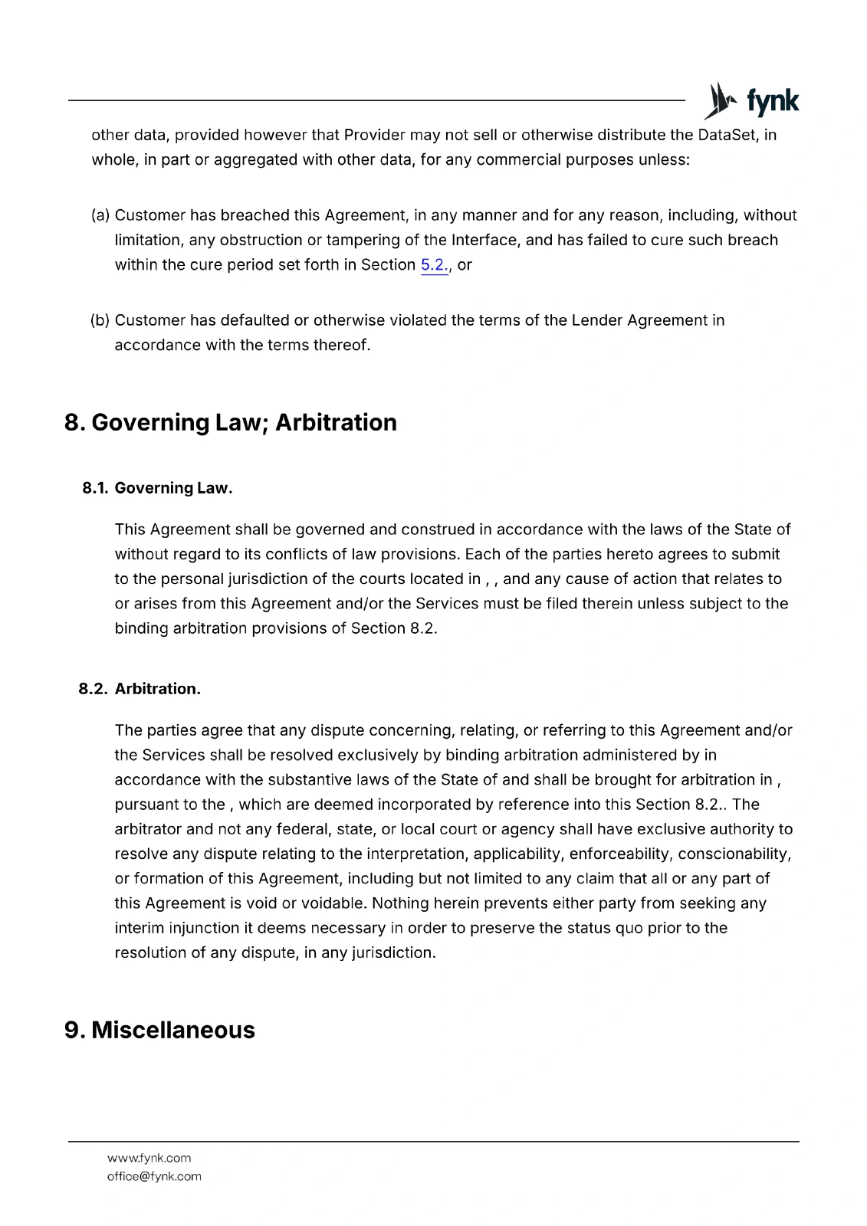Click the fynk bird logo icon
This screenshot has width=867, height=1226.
click(720, 101)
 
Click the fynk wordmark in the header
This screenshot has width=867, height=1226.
click(773, 101)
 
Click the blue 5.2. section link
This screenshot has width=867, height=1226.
click(434, 265)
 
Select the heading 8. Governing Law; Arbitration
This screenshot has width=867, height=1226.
click(231, 422)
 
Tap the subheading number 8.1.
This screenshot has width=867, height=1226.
click(95, 488)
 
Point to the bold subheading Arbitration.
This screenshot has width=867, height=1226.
click(157, 689)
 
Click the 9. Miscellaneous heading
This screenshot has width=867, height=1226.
click(159, 1030)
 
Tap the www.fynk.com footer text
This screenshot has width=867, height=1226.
click(149, 1158)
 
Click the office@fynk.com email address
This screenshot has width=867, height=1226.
click(154, 1176)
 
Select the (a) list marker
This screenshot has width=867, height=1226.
click(100, 215)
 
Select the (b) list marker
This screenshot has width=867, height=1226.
click(100, 320)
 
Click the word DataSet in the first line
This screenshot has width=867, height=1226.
click(727, 135)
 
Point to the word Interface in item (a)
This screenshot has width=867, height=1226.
click(484, 240)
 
